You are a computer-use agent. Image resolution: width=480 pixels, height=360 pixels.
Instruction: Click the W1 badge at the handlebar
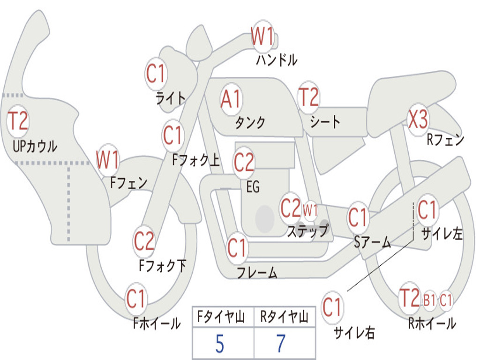(x=262, y=36)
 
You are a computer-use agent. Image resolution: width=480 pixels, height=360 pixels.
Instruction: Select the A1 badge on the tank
(x=231, y=99)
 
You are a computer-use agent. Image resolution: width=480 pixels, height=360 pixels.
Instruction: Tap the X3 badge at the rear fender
(x=418, y=120)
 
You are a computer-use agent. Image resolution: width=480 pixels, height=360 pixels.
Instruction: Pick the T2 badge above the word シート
(x=308, y=97)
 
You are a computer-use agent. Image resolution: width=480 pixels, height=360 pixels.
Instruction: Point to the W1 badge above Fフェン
(x=107, y=160)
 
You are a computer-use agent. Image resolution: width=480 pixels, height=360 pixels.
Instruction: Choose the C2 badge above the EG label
(x=244, y=162)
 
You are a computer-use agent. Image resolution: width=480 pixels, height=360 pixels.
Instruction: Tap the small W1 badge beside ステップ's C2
(x=310, y=210)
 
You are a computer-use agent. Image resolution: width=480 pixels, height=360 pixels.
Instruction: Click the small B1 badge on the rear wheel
(x=429, y=300)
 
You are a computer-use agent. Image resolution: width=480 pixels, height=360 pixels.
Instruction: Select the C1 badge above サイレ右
(x=332, y=307)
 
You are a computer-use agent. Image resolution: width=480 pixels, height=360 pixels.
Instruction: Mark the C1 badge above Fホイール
(x=136, y=299)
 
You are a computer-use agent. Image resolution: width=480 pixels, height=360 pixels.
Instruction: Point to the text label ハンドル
(x=277, y=60)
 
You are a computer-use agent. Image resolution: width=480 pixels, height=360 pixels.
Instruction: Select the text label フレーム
(x=256, y=272)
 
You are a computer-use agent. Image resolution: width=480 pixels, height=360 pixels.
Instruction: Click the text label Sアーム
(x=372, y=242)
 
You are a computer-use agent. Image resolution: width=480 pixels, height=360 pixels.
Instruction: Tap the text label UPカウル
(x=35, y=146)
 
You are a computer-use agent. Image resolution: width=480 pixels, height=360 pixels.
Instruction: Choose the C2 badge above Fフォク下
(x=144, y=241)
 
